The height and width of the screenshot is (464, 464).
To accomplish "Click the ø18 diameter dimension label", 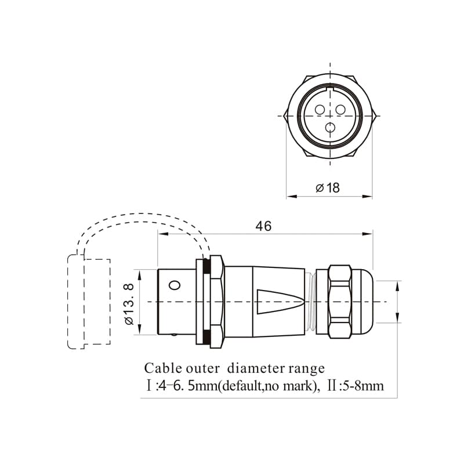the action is [328, 187].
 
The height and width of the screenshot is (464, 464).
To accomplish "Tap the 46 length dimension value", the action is [263, 226].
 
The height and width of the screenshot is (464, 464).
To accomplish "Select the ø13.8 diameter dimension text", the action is [129, 304].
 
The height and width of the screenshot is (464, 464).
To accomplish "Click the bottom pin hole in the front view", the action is [330, 128].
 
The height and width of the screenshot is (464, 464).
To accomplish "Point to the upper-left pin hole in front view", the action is [320, 110].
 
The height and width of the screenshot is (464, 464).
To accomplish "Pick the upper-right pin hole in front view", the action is [340, 110].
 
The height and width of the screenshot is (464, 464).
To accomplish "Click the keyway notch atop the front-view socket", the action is [330, 88].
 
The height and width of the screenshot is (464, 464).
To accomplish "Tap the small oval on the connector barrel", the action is [175, 285].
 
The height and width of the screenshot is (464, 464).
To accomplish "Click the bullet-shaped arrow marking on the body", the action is [280, 302].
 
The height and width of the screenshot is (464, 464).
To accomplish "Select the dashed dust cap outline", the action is [89, 301].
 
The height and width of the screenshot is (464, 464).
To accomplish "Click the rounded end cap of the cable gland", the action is [367, 302].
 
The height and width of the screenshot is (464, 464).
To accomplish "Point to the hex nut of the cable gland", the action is [340, 302].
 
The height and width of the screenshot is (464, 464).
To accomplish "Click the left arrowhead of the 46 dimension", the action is [163, 234].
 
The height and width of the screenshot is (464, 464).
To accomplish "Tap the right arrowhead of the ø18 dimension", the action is [367, 196].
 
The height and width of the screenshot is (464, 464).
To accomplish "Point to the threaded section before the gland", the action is [310, 302].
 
